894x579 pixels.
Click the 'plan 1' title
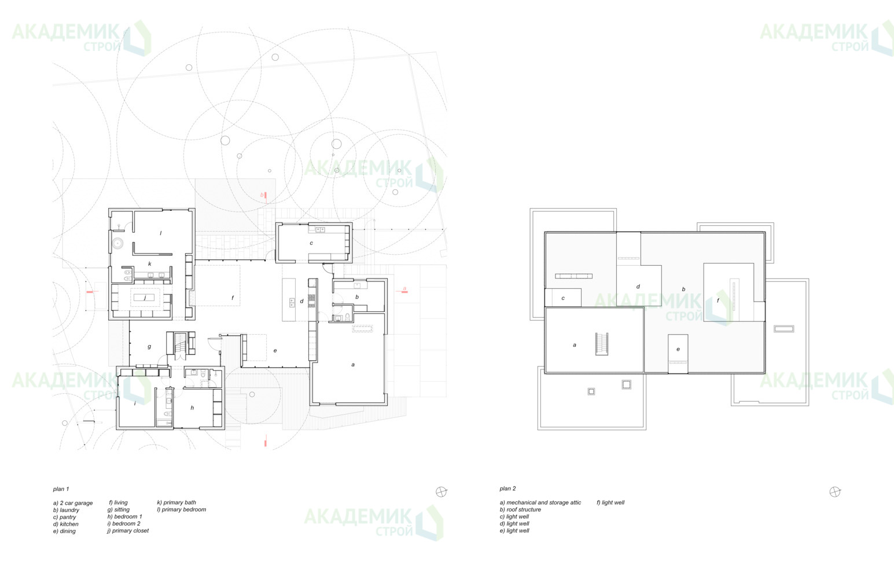61,489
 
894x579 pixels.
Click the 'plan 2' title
507,489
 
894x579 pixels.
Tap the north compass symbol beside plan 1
441,492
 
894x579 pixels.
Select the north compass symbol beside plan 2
834,492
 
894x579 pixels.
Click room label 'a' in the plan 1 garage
353,365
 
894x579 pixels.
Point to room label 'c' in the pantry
311,243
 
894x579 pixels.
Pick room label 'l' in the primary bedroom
161,233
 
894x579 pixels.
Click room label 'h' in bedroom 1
192,408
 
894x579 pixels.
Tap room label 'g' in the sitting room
149,347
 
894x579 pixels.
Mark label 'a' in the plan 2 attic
575,345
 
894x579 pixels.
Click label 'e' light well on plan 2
678,349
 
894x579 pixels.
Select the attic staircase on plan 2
602,344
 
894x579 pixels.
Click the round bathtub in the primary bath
117,243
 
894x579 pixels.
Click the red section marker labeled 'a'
404,290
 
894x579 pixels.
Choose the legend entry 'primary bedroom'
182,510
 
